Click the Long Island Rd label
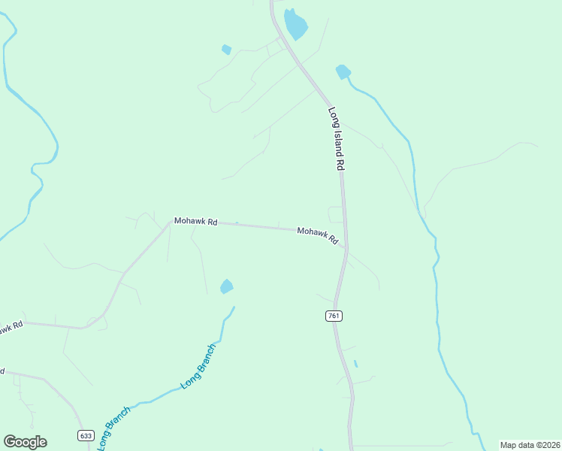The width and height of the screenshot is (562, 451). coord(336,138)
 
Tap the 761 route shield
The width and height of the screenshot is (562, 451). coord(334,316)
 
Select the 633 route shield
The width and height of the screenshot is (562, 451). coord(85,435)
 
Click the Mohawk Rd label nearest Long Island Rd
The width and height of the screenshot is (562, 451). coord(317,235)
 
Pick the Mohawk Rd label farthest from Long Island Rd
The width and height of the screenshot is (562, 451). coord(195,222)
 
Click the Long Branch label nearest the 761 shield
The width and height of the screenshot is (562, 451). coord(199,367)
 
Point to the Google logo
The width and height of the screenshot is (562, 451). coord(25,442)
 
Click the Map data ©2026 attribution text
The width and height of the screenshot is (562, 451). coord(530,445)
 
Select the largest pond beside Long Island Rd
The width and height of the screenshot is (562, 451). coord(295,25)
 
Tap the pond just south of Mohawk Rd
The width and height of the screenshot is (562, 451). coord(226,286)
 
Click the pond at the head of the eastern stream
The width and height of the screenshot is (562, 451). coord(343,71)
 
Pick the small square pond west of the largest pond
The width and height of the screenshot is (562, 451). coord(226,50)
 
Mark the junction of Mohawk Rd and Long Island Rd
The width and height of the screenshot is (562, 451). coord(346,247)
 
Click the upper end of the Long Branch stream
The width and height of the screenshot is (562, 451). coord(234,307)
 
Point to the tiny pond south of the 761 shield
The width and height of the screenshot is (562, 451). coord(355,364)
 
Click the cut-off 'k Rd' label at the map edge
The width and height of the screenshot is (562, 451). coord(11,328)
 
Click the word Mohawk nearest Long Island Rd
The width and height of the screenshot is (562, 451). coord(311,233)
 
